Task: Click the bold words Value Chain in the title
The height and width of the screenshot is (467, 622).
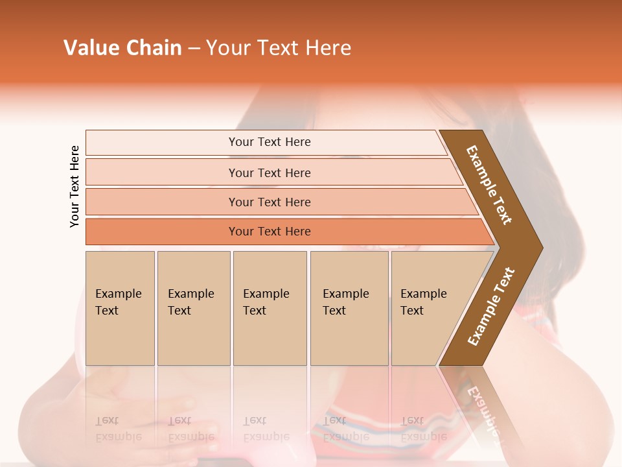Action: coord(122,47)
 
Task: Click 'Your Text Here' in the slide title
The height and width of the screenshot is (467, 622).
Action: coord(279,47)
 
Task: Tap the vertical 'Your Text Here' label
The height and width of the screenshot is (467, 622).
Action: coord(75,186)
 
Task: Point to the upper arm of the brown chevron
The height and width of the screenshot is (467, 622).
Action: coord(489,185)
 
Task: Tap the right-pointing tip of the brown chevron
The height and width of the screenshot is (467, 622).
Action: coord(536,247)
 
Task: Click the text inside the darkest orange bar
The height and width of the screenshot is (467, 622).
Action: coord(270,232)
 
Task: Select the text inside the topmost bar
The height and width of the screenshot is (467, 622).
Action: coord(270,142)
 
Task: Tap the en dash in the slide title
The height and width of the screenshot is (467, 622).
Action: coord(194,48)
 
